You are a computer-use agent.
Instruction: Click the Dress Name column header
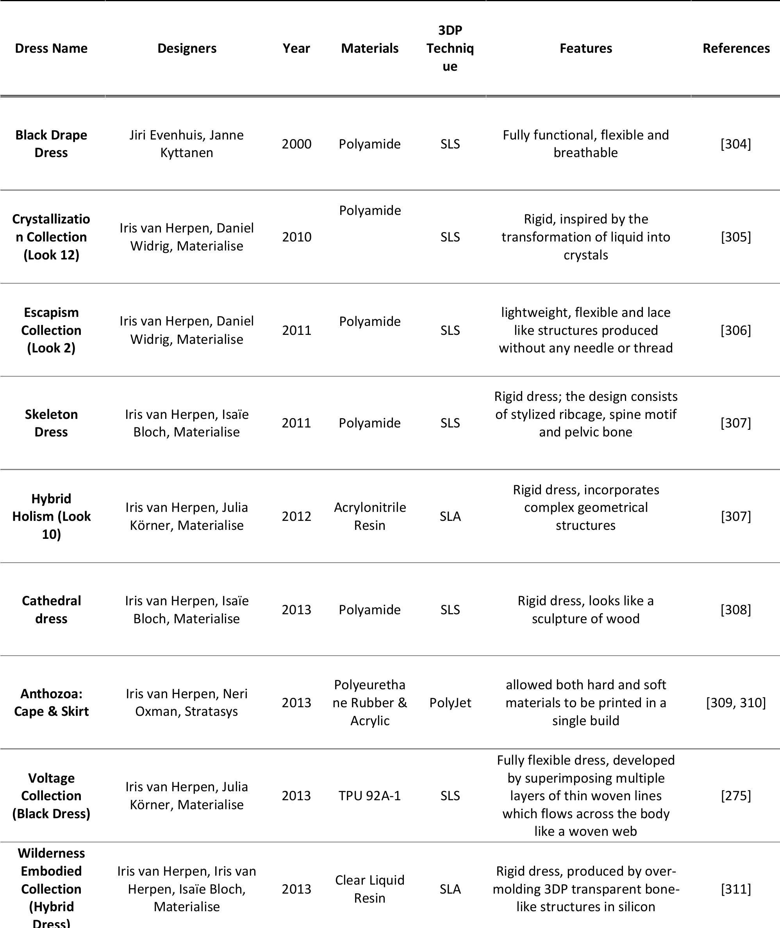click(51, 48)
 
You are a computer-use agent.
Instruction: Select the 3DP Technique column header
click(450, 48)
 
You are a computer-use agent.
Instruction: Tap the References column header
click(736, 48)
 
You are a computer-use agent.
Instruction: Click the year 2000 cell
click(296, 144)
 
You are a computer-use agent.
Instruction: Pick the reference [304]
click(735, 144)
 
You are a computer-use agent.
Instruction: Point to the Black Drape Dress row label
click(51, 144)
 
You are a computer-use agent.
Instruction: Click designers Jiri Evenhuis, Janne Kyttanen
click(186, 144)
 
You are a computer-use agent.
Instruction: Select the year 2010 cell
click(296, 237)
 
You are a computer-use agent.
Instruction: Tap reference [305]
click(735, 237)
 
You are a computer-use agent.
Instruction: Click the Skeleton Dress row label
click(51, 423)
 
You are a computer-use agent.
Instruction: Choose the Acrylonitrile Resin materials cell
click(369, 516)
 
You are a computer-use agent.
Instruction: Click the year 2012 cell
click(296, 516)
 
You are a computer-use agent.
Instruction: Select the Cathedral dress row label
click(51, 610)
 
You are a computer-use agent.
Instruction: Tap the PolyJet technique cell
click(450, 703)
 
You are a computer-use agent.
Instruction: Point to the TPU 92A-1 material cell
click(369, 796)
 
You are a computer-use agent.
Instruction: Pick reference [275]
click(735, 796)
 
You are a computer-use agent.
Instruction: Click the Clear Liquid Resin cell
click(369, 889)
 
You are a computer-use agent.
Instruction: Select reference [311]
click(735, 889)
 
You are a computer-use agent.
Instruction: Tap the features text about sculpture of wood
click(585, 610)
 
